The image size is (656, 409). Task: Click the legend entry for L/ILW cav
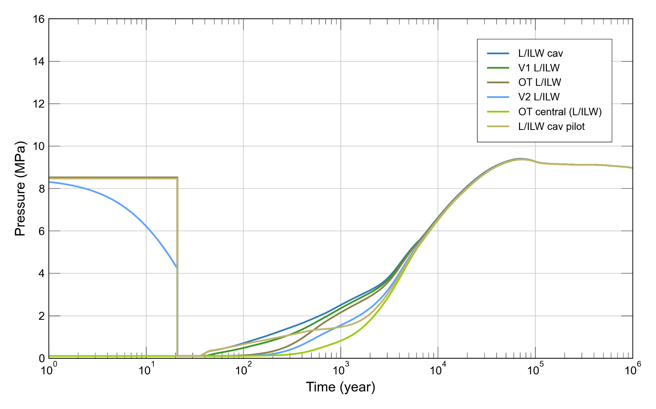(540, 54)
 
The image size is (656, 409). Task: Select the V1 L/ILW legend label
(539, 68)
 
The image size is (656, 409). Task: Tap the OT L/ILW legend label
(540, 82)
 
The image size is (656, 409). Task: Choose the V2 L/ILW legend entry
(539, 97)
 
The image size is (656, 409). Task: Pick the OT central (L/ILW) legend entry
(560, 112)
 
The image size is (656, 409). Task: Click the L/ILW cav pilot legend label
(551, 127)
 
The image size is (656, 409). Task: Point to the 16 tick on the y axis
(39, 19)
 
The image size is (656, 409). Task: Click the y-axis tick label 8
(41, 189)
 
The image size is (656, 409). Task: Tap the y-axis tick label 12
(39, 104)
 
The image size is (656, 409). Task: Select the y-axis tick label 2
(41, 316)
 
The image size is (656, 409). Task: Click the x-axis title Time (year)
(340, 387)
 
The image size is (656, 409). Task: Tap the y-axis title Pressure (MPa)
(20, 189)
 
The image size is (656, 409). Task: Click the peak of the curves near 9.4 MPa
(520, 159)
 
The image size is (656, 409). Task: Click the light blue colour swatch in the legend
(498, 97)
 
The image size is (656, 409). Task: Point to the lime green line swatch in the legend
(498, 112)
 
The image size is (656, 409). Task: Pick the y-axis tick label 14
(39, 62)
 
